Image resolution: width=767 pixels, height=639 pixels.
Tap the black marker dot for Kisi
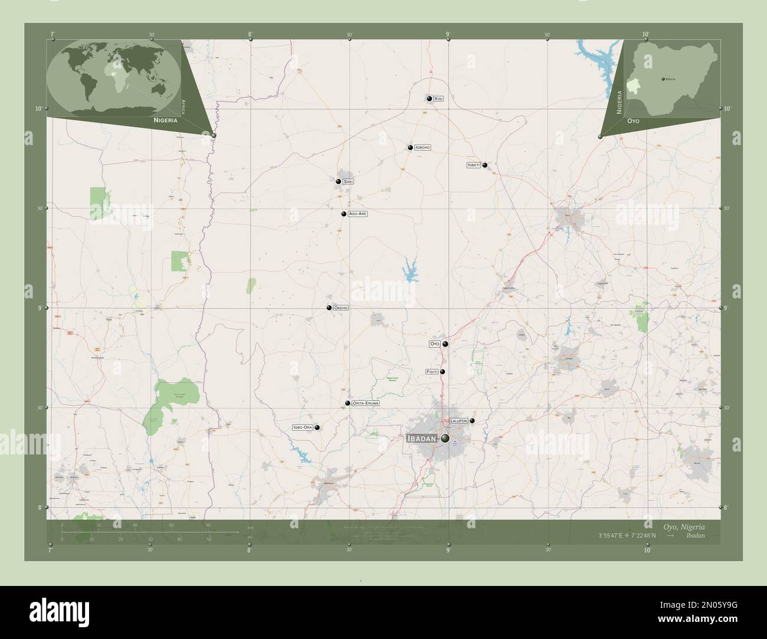430,98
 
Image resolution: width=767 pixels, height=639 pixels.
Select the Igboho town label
422,147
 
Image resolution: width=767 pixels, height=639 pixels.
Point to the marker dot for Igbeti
485,166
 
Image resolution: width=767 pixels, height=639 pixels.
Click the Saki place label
348,182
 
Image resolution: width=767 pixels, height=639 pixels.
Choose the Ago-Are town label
358,214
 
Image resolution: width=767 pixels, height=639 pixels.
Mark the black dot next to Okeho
329,308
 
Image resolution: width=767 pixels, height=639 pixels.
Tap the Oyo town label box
434,344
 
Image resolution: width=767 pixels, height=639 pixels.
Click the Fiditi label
431,372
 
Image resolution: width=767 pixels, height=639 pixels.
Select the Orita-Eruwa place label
365,403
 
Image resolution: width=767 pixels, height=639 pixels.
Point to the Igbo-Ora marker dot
317,427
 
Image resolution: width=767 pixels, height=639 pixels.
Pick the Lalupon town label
458,421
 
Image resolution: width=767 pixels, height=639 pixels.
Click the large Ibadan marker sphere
444,439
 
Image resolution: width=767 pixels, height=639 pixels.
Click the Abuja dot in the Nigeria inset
663,78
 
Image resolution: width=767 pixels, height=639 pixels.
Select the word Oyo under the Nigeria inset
634,120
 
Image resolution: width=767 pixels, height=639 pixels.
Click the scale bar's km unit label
251,527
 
